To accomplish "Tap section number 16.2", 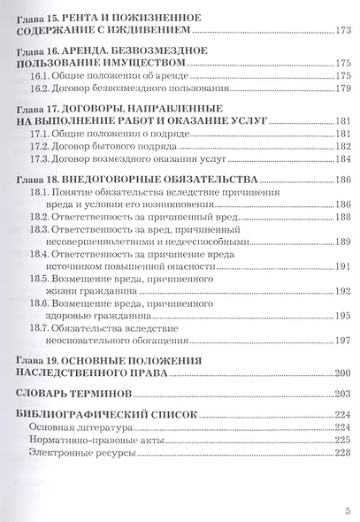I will (40, 89).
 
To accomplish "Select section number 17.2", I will (40, 148).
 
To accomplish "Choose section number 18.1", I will (40, 192).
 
